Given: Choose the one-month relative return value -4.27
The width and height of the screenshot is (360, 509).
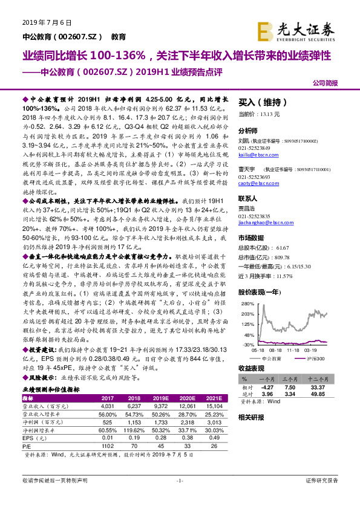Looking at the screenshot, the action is tap(268, 387).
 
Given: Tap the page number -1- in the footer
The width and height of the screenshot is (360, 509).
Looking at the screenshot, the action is tap(179, 480).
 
